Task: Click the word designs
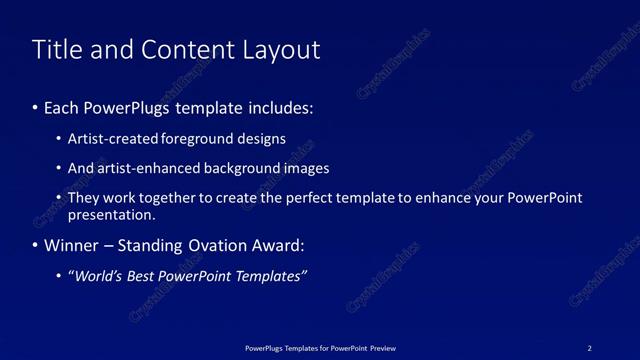click(x=261, y=139)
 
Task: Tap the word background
click(x=239, y=168)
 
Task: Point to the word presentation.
click(x=111, y=214)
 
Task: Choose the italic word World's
click(x=96, y=276)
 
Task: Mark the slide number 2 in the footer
click(x=589, y=348)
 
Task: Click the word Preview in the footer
click(x=381, y=348)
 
